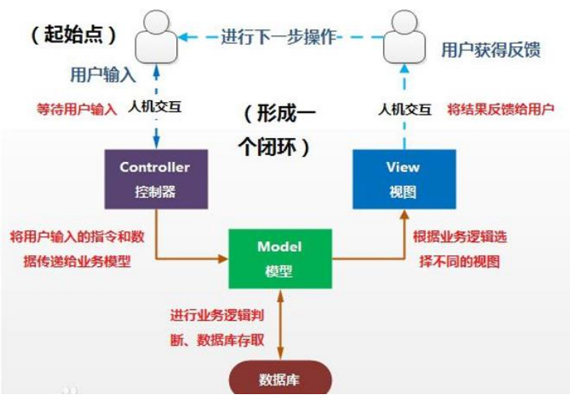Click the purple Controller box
point(155,179)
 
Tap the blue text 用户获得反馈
point(489,50)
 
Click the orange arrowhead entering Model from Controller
point(225,258)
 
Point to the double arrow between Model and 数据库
point(279,322)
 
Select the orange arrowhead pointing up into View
point(401,215)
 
